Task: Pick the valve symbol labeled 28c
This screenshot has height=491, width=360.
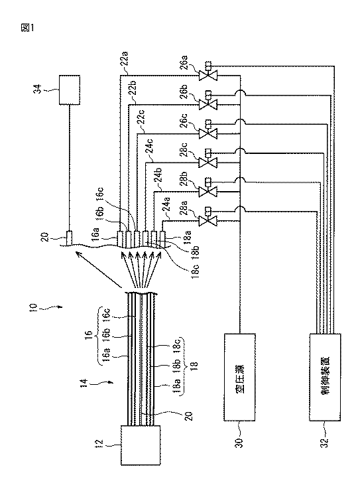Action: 208,162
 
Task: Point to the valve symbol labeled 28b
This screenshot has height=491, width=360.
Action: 208,190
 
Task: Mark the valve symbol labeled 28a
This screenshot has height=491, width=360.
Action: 208,220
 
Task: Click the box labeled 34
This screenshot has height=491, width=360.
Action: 70,90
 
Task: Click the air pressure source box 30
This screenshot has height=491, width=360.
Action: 239,377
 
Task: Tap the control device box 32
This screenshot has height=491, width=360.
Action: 325,377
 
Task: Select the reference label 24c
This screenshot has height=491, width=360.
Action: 150,149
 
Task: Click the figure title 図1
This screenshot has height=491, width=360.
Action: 27,28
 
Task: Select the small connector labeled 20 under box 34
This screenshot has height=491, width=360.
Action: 70,239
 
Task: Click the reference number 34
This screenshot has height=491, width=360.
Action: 39,89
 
